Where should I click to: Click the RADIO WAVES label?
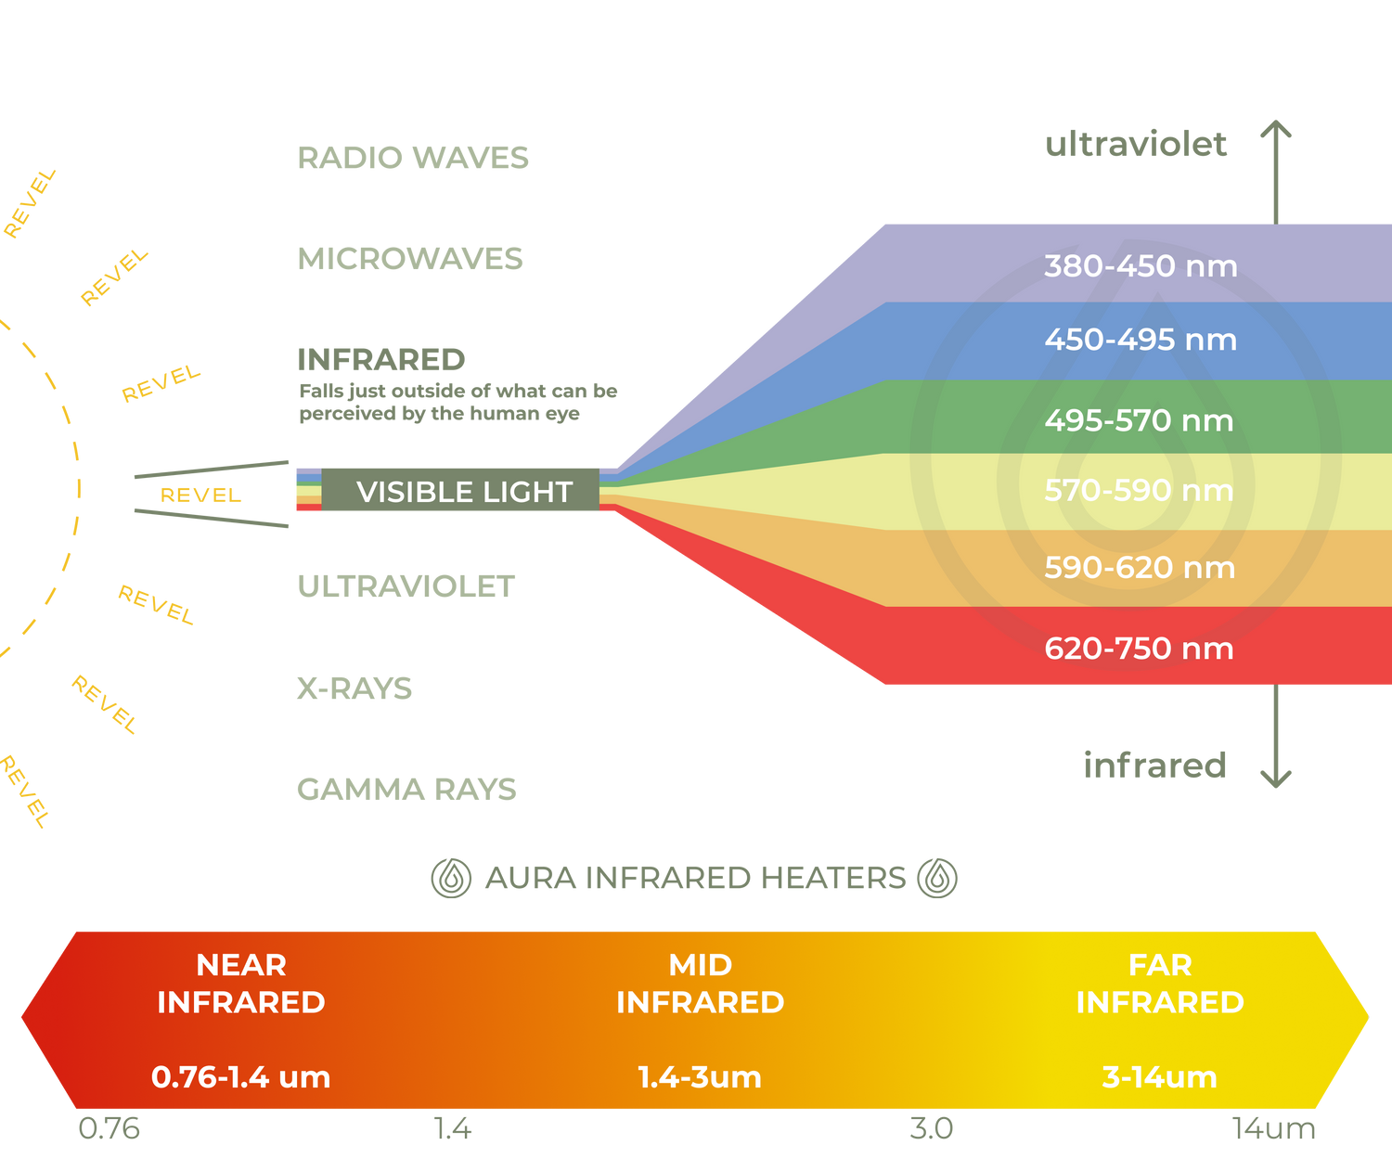[x=413, y=158]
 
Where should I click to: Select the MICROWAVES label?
[x=410, y=259]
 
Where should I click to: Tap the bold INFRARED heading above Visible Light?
[x=381, y=360]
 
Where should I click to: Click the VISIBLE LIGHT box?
[x=460, y=490]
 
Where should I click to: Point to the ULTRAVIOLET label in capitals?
[x=406, y=586]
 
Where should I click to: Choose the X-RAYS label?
[x=354, y=688]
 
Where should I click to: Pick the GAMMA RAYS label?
[x=406, y=789]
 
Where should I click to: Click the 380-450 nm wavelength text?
[x=1141, y=266]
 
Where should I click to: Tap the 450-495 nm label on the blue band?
[x=1141, y=340]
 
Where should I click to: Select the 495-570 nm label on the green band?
[x=1139, y=420]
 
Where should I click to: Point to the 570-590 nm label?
[x=1139, y=491]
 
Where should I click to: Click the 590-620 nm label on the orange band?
[x=1140, y=568]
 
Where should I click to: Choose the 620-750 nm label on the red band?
[x=1139, y=649]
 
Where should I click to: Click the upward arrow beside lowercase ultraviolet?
[x=1276, y=173]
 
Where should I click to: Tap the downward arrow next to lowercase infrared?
[x=1276, y=736]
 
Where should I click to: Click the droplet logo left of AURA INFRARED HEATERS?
[x=451, y=878]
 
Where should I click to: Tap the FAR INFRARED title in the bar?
[x=1160, y=984]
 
